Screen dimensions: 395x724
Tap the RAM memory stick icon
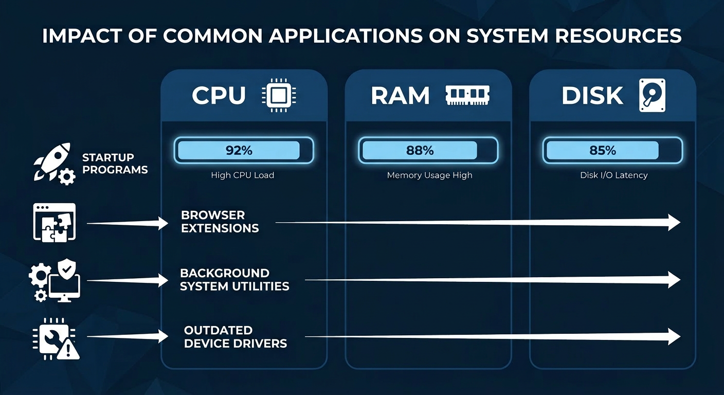tap(467, 96)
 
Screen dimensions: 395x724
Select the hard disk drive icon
tap(651, 96)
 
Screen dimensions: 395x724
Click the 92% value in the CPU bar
tap(239, 150)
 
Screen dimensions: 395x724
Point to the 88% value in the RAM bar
tap(420, 150)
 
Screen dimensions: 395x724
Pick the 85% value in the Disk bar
tap(603, 150)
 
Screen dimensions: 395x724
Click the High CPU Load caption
tap(242, 175)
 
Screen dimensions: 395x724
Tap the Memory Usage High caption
tap(429, 175)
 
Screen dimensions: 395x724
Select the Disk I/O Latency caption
tap(613, 175)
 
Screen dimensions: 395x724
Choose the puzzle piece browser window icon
tap(54, 222)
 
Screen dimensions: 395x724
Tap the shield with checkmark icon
tap(67, 268)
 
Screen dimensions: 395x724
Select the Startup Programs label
tap(115, 164)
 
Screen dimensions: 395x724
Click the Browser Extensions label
tap(220, 222)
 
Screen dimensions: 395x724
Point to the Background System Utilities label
tap(234, 279)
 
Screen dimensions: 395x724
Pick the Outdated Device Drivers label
tap(235, 337)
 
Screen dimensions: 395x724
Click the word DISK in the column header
tap(592, 96)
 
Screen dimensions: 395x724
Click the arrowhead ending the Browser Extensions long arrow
tap(674, 222)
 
